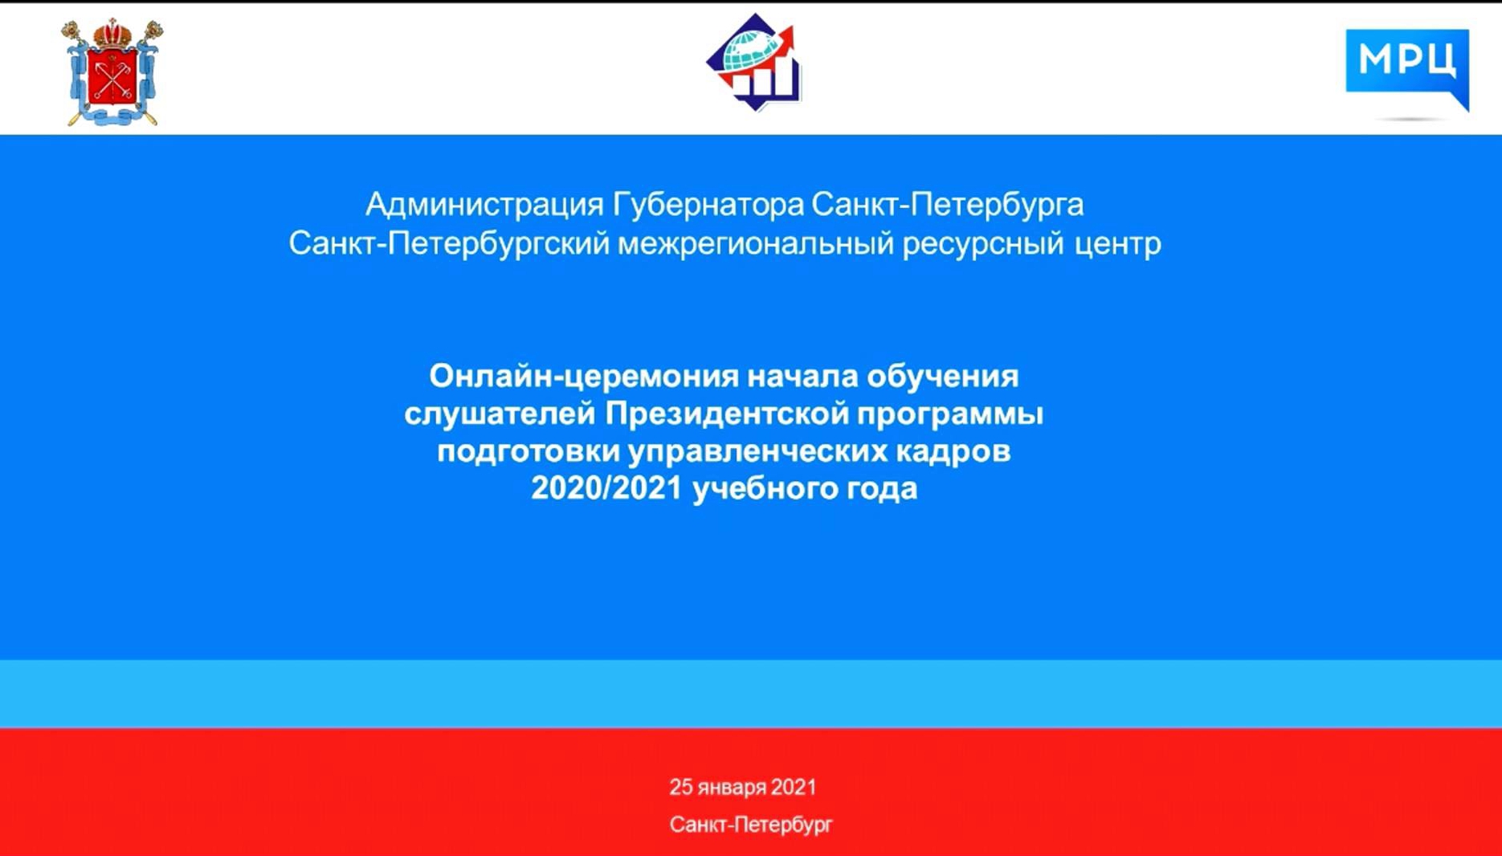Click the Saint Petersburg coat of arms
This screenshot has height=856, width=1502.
point(112,72)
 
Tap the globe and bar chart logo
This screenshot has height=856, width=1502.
point(753,62)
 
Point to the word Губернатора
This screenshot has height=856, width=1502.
point(708,206)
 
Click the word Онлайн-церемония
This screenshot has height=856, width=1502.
point(583,376)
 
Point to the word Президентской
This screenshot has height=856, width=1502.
point(726,414)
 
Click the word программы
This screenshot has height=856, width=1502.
point(949,414)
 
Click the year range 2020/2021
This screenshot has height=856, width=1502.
point(606,488)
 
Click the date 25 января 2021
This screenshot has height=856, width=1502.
point(743,787)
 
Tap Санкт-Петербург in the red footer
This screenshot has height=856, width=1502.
point(751,825)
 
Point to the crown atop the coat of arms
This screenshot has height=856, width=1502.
point(112,34)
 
